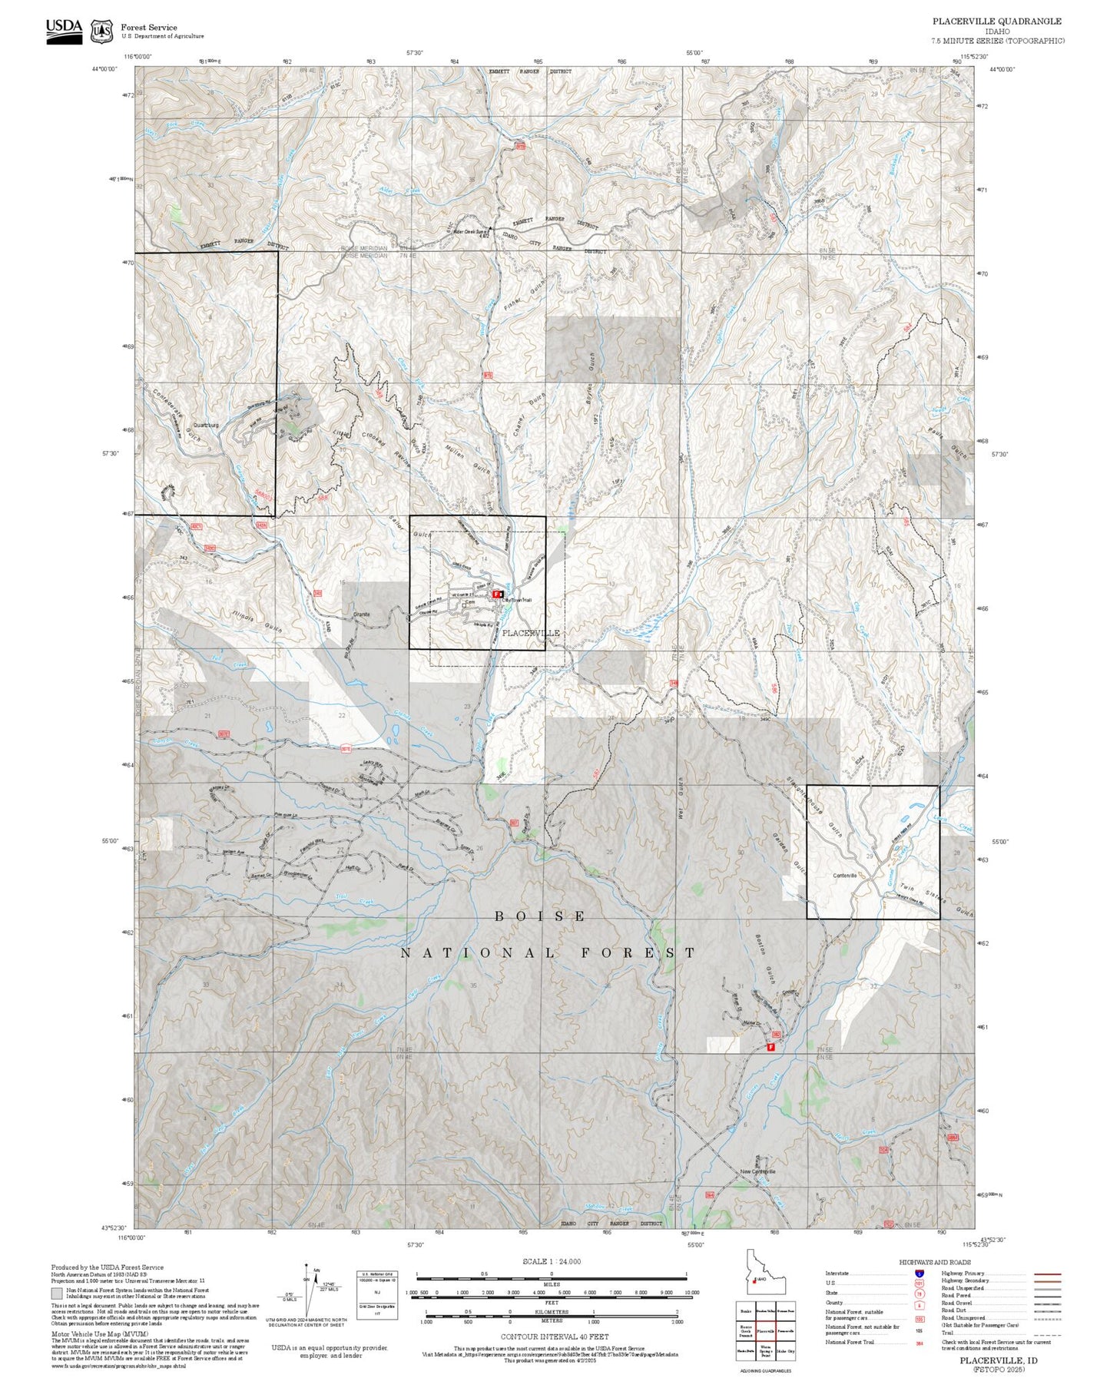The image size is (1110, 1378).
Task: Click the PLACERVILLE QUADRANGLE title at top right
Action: click(x=997, y=22)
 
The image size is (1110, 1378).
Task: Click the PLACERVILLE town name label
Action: click(x=530, y=633)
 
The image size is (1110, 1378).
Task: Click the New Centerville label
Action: click(x=758, y=1171)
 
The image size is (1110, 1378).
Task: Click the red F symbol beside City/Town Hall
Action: click(x=497, y=594)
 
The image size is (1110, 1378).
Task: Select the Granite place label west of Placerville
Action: click(x=361, y=614)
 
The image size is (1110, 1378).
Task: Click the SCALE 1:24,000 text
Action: click(x=551, y=1261)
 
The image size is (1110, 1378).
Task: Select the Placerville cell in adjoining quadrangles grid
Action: click(x=764, y=1330)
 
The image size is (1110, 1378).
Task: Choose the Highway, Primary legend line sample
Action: click(x=1047, y=1274)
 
